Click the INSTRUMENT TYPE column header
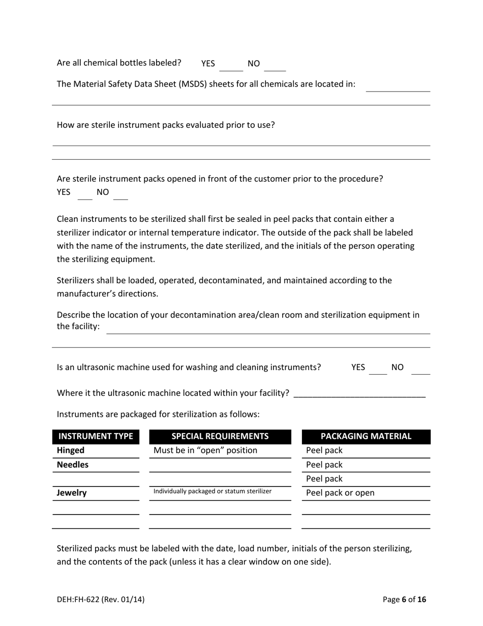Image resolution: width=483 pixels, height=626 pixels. tap(96, 437)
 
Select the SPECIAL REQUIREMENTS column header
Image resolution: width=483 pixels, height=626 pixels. tap(220, 437)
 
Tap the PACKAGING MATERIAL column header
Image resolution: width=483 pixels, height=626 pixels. tap(366, 437)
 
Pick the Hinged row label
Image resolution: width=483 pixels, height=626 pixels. tap(71, 450)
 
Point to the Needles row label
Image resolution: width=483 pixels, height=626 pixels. tap(73, 465)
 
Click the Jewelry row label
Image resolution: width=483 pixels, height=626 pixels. tap(72, 493)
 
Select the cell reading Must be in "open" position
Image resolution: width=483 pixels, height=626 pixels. tap(205, 450)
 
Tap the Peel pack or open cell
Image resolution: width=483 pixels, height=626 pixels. tap(340, 493)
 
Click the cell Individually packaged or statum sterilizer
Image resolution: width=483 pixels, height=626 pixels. tap(213, 491)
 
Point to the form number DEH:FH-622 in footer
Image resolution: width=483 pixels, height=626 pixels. tap(101, 600)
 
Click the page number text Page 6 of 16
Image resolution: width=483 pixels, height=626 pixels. tap(404, 600)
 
